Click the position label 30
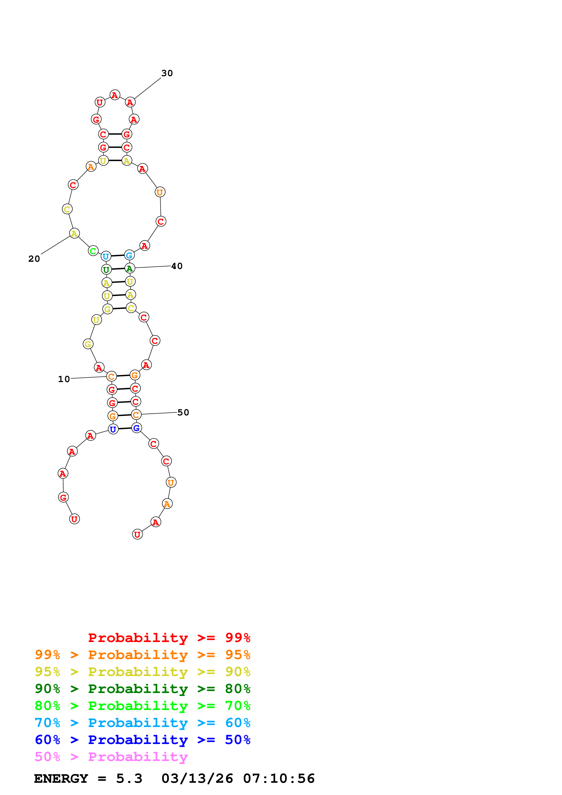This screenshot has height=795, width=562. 167,73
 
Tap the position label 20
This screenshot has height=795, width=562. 34,259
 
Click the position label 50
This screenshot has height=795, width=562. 183,412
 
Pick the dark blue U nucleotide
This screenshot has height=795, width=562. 113,429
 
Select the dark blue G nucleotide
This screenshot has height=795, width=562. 136,428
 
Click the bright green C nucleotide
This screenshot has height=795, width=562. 93,251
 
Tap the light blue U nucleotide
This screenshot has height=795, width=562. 106,257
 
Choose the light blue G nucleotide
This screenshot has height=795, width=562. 129,255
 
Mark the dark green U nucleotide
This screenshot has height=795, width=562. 106,269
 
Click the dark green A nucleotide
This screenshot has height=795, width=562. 129,268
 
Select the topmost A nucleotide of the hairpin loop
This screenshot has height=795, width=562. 115,95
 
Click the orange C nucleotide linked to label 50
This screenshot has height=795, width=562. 136,415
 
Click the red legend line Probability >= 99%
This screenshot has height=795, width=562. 169,637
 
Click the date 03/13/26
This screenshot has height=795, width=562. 197,779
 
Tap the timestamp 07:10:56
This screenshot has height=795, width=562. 279,779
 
